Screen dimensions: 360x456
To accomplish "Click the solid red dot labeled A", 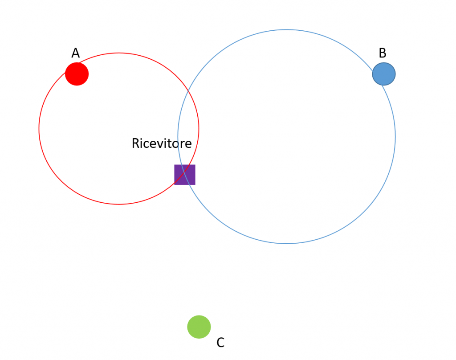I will pos(77,74).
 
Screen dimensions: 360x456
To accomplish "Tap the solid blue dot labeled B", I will pos(384,74).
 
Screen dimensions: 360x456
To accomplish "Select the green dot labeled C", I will pos(199,327).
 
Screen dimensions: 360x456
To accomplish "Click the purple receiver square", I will pos(185,175).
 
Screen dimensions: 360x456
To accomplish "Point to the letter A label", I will pos(76,53).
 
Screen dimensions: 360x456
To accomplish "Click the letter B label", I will pos(383,53).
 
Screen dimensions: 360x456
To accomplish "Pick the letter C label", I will pos(220,343).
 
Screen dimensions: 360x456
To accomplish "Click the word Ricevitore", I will pos(162,143).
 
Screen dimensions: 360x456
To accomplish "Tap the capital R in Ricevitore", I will pos(135,143).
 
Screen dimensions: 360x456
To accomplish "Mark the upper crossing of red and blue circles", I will pos(188,93).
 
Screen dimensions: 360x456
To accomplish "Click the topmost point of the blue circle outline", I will pos(286,30).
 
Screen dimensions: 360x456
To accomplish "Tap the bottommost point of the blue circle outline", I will pos(286,243).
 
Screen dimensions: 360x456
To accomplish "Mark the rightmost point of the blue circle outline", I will pos(395,137).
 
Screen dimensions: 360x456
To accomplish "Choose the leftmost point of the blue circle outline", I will pos(178,137).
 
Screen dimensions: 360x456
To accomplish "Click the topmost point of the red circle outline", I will pos(119,53).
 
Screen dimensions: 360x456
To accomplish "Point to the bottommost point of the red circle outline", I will pos(119,204).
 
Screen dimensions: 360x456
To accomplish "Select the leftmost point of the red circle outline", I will pos(39,129).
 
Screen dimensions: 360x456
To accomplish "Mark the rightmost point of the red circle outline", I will pos(199,129).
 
